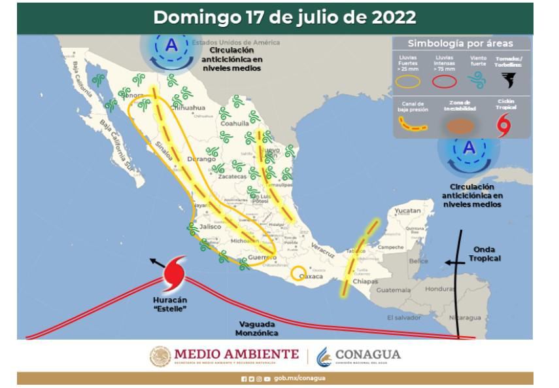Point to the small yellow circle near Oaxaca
click(x=299, y=272)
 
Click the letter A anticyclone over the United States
click(x=171, y=45)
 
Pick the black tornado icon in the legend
click(x=508, y=80)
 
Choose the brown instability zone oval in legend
click(x=462, y=126)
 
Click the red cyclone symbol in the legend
click(x=503, y=125)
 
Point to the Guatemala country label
click(x=393, y=289)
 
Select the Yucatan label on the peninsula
click(x=408, y=211)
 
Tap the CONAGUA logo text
click(x=368, y=355)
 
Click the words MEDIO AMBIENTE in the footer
click(x=236, y=354)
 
